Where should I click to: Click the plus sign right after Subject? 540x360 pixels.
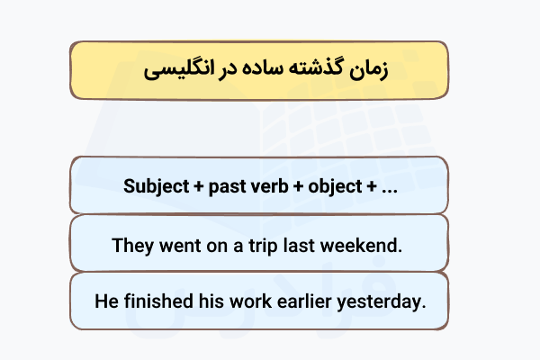pos(195,187)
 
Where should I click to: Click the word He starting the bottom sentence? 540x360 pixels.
pos(105,301)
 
